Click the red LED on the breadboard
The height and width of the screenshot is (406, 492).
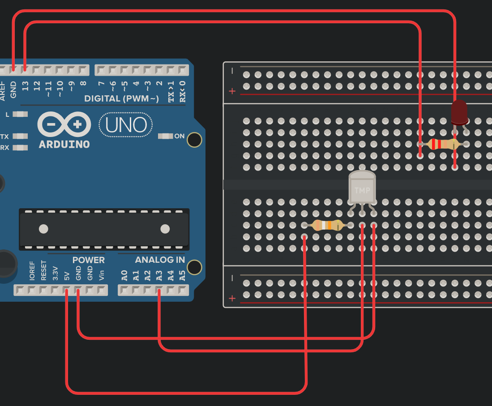(x=459, y=112)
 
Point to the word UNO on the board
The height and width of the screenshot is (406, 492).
(x=125, y=125)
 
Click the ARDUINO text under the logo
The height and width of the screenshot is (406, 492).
(x=64, y=145)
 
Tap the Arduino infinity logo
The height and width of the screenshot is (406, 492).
(x=64, y=124)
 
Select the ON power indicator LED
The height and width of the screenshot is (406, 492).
(x=166, y=136)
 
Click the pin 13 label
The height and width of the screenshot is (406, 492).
(x=25, y=86)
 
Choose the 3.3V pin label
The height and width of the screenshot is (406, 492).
(x=55, y=273)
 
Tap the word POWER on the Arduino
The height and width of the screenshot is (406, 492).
(x=88, y=260)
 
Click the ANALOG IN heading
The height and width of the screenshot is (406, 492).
(x=160, y=260)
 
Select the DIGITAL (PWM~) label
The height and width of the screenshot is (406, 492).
(x=121, y=98)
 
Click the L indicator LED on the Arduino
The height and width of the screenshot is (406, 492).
(x=20, y=115)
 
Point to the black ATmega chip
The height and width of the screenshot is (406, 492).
(x=104, y=229)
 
